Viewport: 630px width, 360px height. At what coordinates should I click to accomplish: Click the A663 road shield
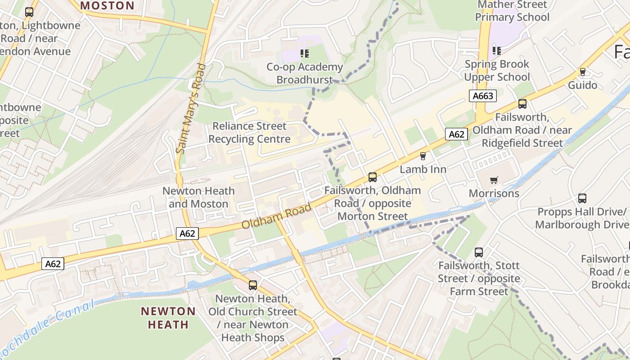coord(484,96)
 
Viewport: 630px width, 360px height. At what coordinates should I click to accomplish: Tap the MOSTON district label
coord(107,6)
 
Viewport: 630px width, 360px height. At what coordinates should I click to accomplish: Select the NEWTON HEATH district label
coord(168,318)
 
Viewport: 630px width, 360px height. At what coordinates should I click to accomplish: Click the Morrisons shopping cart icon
coord(494,180)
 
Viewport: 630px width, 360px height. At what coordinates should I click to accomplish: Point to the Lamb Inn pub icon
coord(423,156)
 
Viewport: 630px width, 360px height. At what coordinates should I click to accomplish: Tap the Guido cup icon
coord(583,72)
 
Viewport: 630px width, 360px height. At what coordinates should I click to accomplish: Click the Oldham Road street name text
coord(277,216)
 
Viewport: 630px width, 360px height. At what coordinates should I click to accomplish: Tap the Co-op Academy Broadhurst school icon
coord(305,54)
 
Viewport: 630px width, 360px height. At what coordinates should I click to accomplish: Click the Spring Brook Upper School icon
coord(497,51)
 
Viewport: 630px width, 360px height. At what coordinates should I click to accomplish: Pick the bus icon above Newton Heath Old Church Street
coord(253,285)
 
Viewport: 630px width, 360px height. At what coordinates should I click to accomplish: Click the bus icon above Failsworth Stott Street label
coord(479,252)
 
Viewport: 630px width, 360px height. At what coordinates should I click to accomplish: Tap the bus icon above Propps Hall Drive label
coord(582,198)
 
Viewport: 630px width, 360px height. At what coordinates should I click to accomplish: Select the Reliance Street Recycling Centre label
coord(249,133)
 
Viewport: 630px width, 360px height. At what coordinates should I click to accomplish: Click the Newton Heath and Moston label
coord(198,197)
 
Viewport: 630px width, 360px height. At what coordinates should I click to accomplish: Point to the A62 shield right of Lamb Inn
coord(456,134)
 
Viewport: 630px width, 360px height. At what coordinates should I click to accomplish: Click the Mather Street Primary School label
coord(512,11)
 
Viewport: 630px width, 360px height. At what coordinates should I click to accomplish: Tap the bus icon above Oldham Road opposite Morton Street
coord(372,177)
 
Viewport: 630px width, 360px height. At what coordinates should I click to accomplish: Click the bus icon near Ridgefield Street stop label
coord(522,104)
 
